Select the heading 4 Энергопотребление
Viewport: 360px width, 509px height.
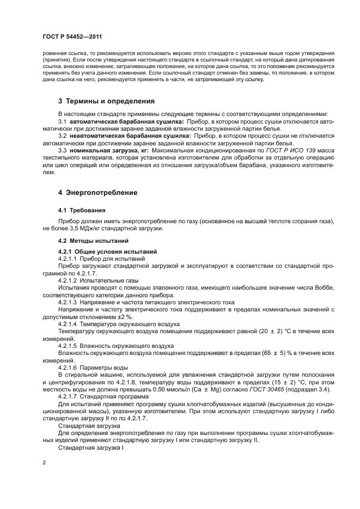[97, 192]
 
